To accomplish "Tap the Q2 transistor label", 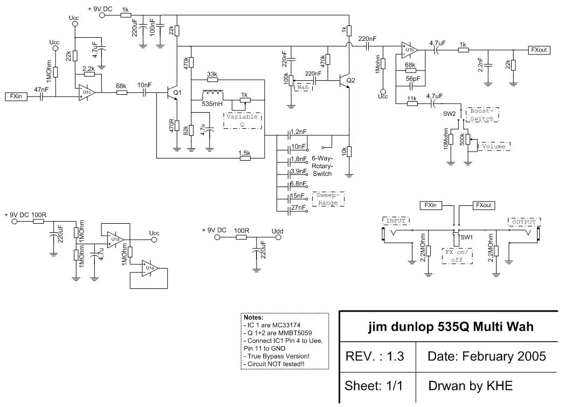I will click(351, 80).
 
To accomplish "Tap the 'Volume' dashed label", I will click(493, 146).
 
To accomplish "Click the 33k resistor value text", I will click(212, 73).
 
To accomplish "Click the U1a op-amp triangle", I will click(148, 265).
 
